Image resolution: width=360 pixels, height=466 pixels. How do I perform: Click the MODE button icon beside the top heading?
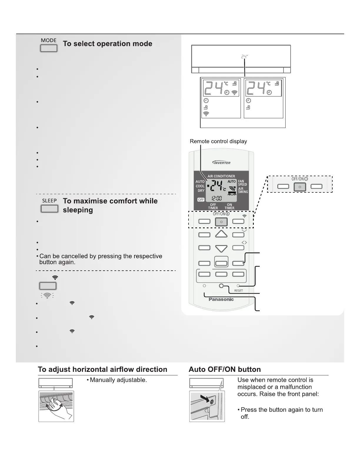tap(49, 48)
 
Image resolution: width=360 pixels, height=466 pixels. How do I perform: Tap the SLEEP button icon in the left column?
tap(49, 209)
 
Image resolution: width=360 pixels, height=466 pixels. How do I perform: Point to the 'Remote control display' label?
tap(218, 141)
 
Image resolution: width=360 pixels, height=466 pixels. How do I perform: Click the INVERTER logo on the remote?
tap(221, 163)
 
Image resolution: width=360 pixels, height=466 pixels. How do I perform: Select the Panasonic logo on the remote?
tap(221, 299)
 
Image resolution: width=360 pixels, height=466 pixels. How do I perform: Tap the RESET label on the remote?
tap(239, 291)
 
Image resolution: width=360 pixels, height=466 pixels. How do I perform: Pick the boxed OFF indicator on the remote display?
tap(201, 199)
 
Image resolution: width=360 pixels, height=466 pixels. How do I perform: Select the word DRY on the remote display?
tap(201, 191)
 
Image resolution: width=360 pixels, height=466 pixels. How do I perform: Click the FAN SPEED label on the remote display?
tap(242, 183)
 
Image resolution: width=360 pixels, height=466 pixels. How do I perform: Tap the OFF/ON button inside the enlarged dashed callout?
tap(300, 187)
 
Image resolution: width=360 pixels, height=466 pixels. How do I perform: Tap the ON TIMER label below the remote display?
tap(229, 206)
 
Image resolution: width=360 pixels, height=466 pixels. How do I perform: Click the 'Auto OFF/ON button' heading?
tap(225, 370)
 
